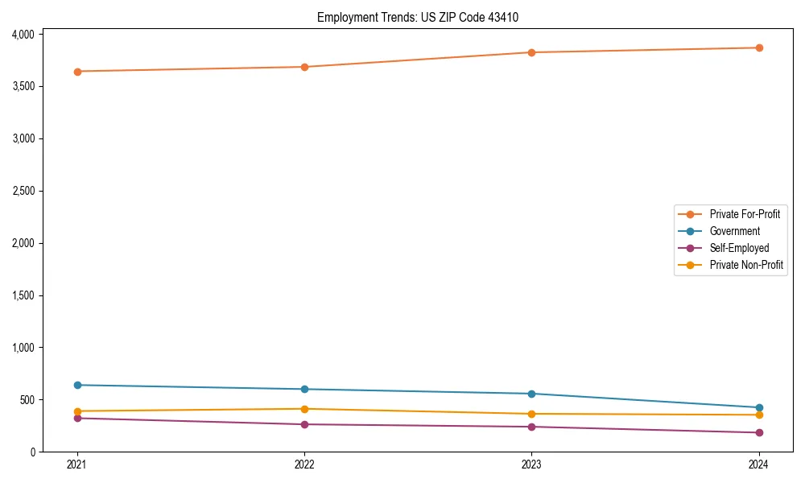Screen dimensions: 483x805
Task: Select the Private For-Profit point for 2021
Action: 77,72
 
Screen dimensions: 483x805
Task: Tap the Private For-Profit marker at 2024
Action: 759,47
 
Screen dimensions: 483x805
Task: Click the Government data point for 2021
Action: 77,385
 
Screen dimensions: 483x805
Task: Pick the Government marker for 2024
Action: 759,407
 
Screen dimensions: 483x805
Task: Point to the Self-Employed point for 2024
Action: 759,433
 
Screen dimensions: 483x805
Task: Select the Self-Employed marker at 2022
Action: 304,424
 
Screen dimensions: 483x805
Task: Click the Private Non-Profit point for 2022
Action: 304,409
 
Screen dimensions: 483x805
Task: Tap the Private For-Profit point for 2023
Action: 532,52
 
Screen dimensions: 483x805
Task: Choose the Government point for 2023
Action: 532,394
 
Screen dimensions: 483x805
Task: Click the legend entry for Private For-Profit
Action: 745,214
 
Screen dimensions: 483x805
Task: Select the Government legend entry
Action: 734,231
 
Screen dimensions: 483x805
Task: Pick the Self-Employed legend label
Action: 739,248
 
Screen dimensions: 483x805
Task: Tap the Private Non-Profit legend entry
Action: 746,265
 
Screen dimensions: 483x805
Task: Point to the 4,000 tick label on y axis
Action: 23,35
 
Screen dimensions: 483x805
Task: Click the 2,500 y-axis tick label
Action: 23,192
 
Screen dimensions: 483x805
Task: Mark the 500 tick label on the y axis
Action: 27,400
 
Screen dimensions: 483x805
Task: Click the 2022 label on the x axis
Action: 304,464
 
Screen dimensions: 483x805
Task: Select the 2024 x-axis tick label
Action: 759,464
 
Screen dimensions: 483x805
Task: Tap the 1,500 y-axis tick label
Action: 23,296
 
